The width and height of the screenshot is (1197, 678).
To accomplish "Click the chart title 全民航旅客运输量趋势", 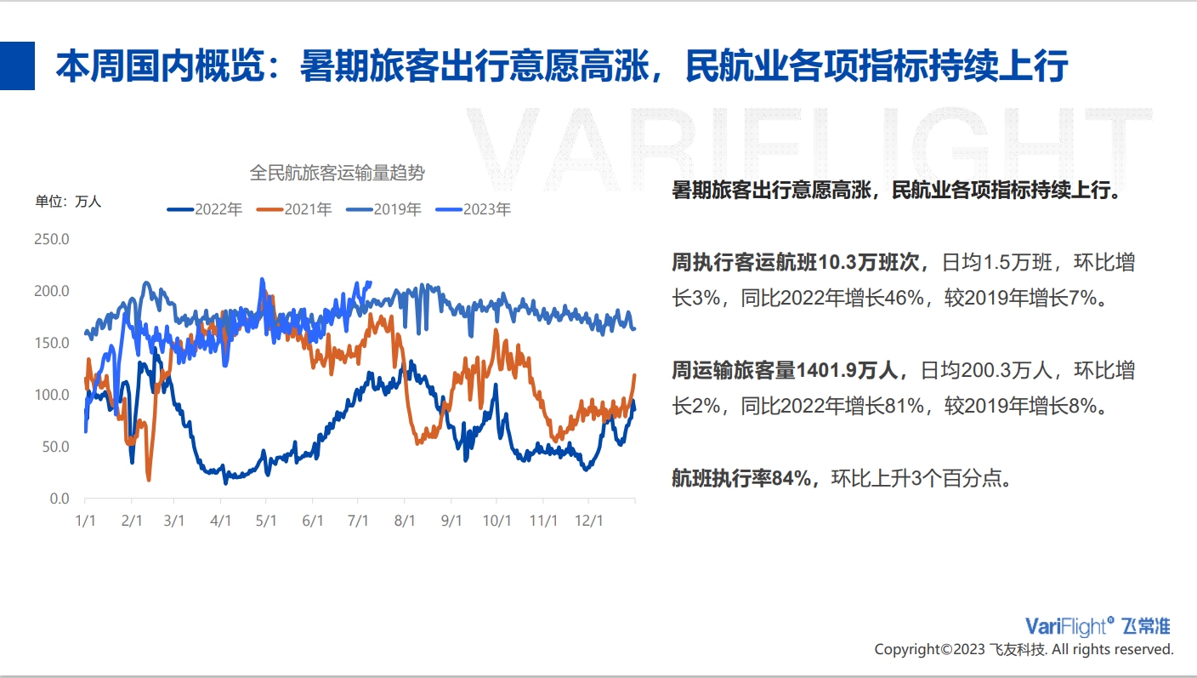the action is [x=338, y=174].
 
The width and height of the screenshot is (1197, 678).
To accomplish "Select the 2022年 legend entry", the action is [x=205, y=209].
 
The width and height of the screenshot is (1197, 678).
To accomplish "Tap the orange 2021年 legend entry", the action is [x=294, y=209].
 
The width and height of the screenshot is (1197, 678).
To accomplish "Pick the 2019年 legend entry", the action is [x=383, y=209].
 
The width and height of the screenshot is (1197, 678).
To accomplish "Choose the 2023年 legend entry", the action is [x=474, y=209].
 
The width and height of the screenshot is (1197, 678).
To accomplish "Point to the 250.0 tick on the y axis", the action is [x=52, y=239].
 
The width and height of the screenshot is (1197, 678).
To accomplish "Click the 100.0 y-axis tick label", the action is [x=52, y=395].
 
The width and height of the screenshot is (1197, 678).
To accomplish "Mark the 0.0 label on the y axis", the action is [x=60, y=499].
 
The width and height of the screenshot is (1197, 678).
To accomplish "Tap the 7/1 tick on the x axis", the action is [x=358, y=521].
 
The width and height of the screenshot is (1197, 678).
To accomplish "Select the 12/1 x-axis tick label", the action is [x=588, y=521].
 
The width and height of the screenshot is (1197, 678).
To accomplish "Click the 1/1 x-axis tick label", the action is [x=86, y=521].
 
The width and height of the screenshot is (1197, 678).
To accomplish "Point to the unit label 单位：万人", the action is [x=68, y=202].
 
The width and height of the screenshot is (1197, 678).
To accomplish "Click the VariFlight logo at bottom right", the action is [x=1098, y=626].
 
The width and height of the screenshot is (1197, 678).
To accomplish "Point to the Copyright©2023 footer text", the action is [x=929, y=650].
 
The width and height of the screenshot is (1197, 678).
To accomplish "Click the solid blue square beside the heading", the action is [x=17, y=66].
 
